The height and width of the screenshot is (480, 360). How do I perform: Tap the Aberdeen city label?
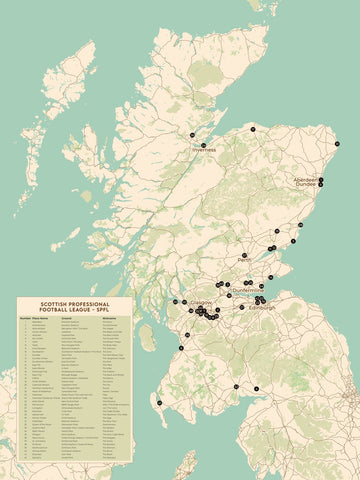pos(305,179)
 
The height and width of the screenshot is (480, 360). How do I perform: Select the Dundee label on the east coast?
pos(305,185)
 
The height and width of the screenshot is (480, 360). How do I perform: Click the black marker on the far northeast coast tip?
pos(338,145)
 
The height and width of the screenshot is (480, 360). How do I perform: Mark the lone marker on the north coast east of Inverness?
pos(253,130)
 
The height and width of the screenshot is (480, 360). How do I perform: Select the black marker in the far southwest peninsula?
pos(159,402)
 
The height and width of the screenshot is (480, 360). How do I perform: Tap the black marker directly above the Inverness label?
pos(204,145)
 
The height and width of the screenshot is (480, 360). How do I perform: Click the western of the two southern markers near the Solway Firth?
pos(236,386)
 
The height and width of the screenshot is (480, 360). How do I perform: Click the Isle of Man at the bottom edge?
pos(185,466)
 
